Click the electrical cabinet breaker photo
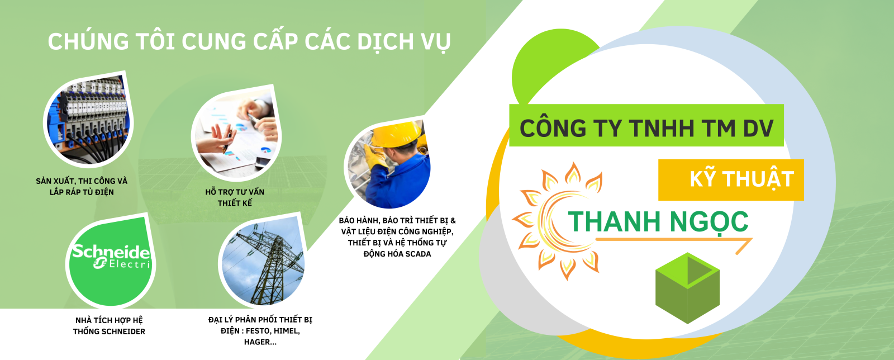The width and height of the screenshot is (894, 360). [x=89, y=119]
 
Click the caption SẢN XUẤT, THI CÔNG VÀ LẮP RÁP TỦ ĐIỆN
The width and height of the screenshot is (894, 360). [x=82, y=187]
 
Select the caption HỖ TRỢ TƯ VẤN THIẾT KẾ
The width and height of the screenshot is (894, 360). [x=235, y=197]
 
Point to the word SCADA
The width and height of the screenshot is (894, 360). [x=418, y=254]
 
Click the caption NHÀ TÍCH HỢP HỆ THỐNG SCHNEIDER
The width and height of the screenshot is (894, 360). [x=109, y=326]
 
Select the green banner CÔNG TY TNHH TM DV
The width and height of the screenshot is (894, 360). [x=646, y=128]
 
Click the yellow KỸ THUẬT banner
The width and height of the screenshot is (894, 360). [x=731, y=179]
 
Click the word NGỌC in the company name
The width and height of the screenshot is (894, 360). [x=709, y=222]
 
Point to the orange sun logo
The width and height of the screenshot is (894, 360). [x=553, y=221]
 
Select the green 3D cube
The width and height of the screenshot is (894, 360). [x=687, y=287]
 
